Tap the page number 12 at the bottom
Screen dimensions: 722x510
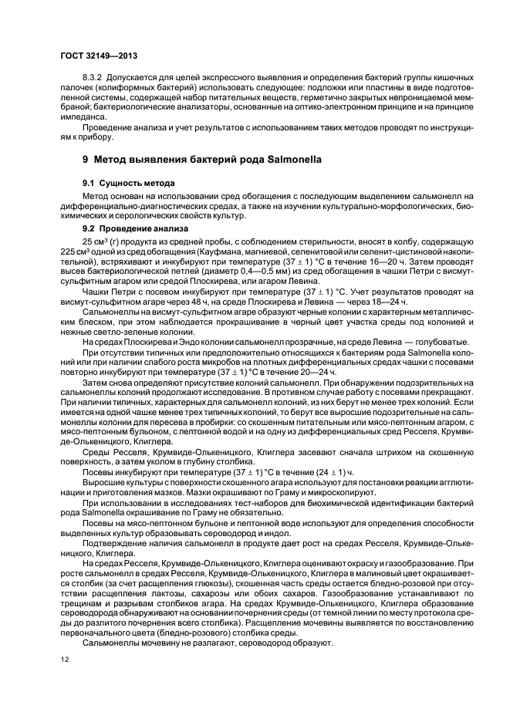(65, 660)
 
